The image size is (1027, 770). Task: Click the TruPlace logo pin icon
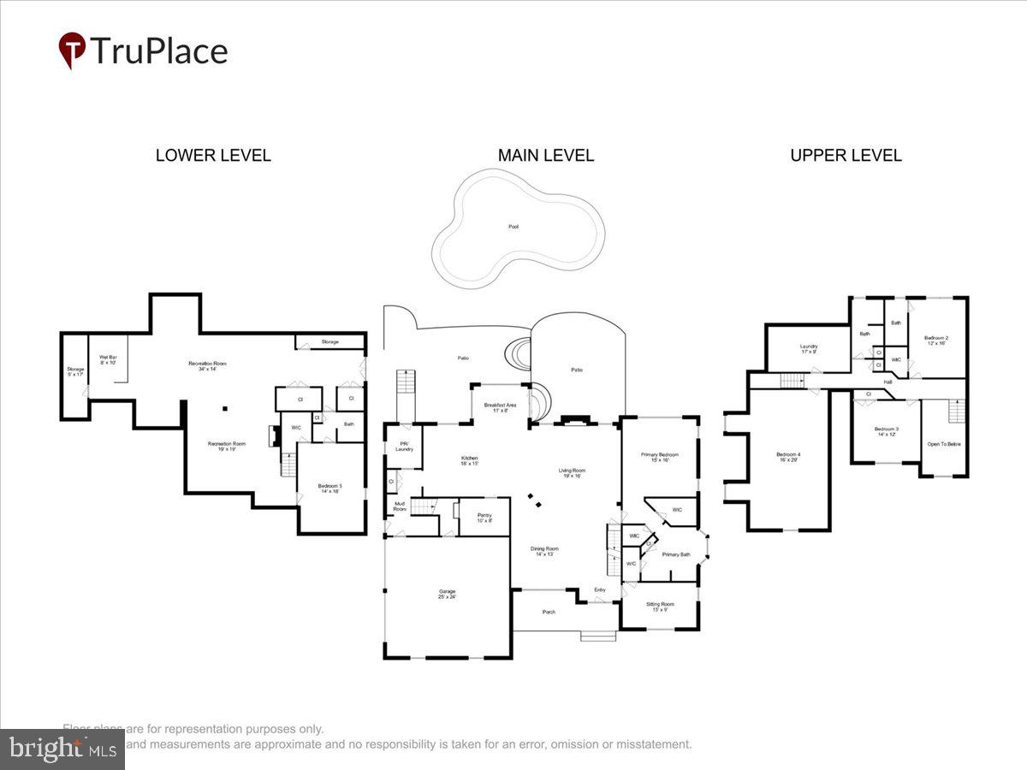pyautogui.click(x=72, y=50)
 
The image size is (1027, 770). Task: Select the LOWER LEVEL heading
pyautogui.click(x=213, y=156)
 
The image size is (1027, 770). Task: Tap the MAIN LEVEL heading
pyautogui.click(x=546, y=156)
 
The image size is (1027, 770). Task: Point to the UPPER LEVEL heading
pyautogui.click(x=846, y=156)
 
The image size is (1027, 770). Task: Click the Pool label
pyautogui.click(x=513, y=227)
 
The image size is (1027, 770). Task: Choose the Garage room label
pyautogui.click(x=448, y=594)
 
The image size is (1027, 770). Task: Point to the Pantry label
pyautogui.click(x=484, y=517)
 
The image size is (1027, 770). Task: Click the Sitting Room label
pyautogui.click(x=659, y=607)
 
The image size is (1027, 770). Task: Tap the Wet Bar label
pyautogui.click(x=108, y=359)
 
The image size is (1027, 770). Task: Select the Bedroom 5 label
pyautogui.click(x=331, y=488)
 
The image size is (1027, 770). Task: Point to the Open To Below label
pyautogui.click(x=944, y=444)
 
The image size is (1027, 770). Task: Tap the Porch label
pyautogui.click(x=549, y=612)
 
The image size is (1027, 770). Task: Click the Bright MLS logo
pyautogui.click(x=62, y=749)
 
